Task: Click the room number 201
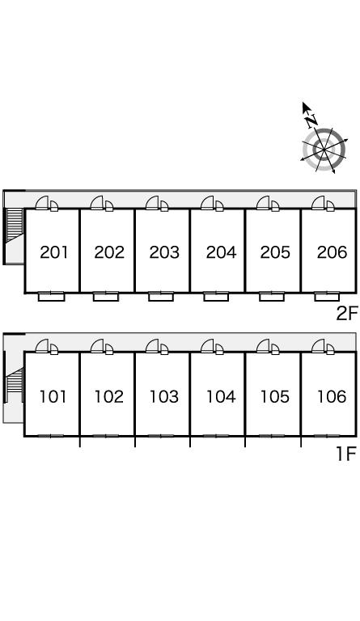pos(54,252)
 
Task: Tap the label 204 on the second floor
pos(221,252)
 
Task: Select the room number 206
pos(332,252)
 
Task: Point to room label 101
pos(53,396)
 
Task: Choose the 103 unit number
pos(164,396)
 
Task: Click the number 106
pos(332,396)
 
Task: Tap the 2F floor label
pos(347,314)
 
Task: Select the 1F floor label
pos(347,454)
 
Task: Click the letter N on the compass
pos(311,120)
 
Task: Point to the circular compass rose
pos(324,150)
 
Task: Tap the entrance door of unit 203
pos(152,203)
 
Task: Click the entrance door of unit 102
pos(97,347)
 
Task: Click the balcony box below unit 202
pos(106,297)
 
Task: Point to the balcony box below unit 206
pos(327,297)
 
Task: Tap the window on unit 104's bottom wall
pos(216,436)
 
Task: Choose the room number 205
pos(275,252)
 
